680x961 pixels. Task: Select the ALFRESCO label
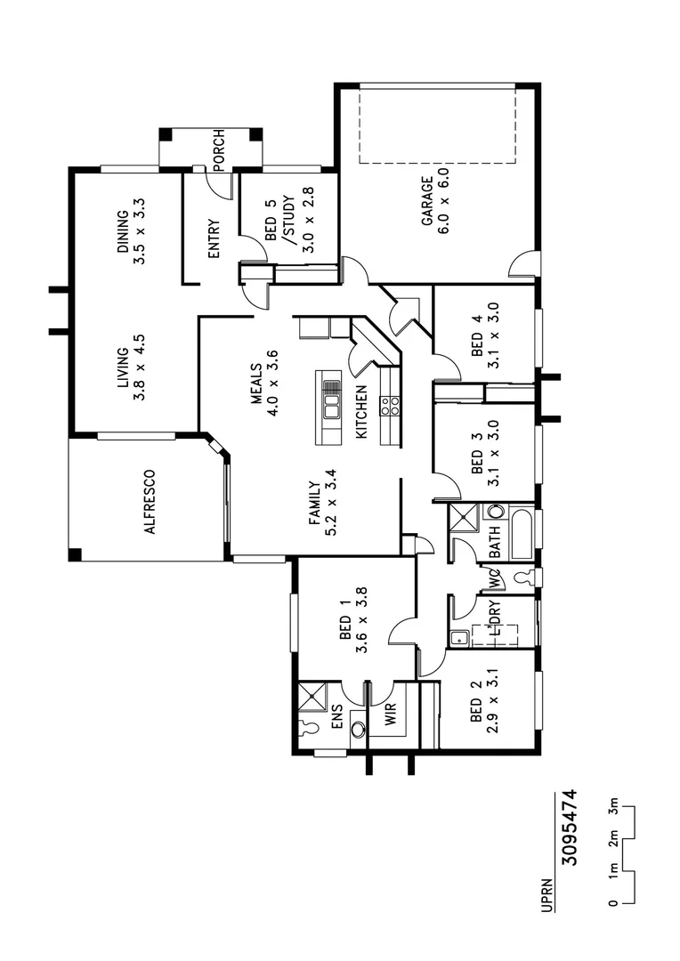[x=150, y=501]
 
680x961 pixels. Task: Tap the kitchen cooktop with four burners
[x=390, y=406]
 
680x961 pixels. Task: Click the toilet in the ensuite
[x=309, y=727]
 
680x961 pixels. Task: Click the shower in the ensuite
[x=313, y=695]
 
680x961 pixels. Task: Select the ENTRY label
[x=214, y=239]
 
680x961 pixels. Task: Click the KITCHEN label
[x=361, y=412]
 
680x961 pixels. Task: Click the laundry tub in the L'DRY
[x=457, y=636]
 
